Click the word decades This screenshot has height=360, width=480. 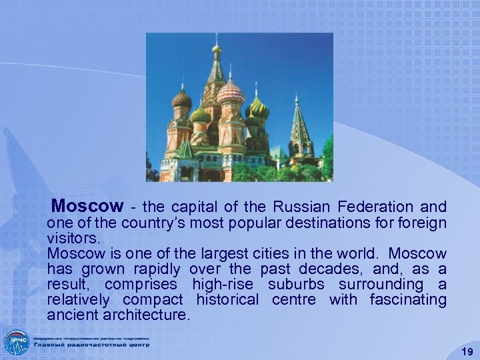coord(319,269)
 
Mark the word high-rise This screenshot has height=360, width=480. coord(223,284)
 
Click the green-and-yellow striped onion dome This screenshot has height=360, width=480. coord(257,109)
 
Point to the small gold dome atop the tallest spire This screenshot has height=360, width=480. coord(216,49)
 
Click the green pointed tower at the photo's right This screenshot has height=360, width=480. coord(301,127)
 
